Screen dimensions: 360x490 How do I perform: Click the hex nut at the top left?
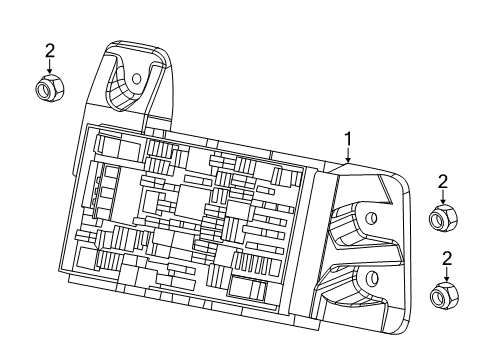(46, 90)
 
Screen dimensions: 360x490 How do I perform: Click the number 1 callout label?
(348, 139)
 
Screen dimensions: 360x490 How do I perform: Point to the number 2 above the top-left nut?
(47, 50)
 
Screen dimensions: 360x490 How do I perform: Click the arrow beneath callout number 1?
(348, 155)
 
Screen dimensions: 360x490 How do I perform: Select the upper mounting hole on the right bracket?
(371, 217)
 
